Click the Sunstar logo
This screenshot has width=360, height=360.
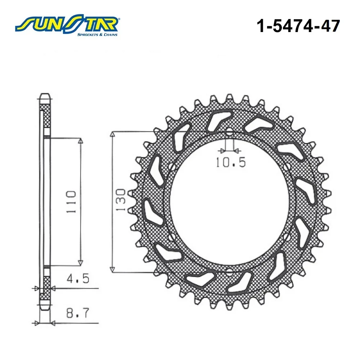[67, 25]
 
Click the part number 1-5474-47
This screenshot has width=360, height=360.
[298, 26]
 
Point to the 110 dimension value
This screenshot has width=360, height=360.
[71, 202]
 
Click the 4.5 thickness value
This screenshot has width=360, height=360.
[78, 279]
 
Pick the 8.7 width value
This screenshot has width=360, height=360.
[77, 313]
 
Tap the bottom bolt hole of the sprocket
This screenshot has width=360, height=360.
[229, 272]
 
